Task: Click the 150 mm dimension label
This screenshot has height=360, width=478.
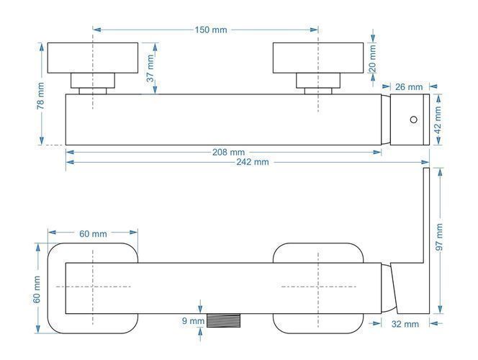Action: coord(211,30)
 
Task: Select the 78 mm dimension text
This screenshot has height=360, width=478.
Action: coord(40,96)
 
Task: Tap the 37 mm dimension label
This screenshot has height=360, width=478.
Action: coord(150,68)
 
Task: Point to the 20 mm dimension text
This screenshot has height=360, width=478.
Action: coord(372,59)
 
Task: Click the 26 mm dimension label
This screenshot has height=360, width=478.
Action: coord(409,87)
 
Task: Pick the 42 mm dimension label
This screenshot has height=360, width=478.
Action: coord(438,120)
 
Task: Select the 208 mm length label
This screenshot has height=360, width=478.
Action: coord(228,152)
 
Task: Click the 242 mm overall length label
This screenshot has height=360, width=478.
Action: coord(253,162)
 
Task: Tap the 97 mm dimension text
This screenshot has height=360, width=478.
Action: coord(439,237)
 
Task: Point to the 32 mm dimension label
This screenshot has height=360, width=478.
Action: coord(405,324)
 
